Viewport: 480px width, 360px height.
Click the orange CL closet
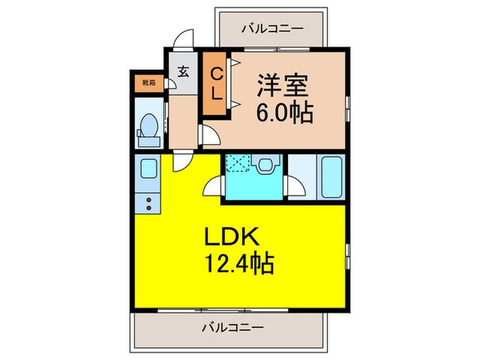[215, 84]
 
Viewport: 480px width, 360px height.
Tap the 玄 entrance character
[184, 70]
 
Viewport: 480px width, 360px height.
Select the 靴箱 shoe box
[149, 83]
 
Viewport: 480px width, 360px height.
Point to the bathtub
[332, 177]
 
